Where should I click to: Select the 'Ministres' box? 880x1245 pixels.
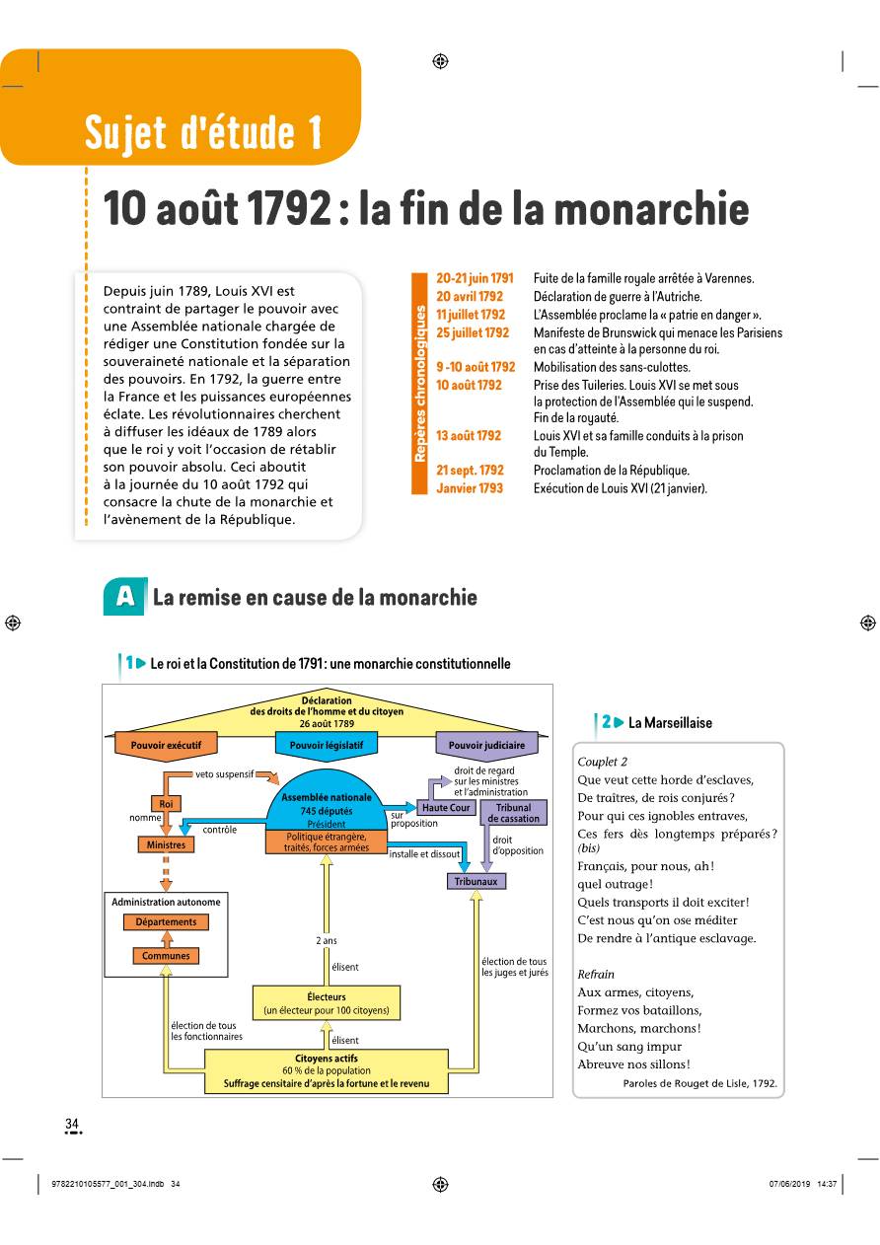[x=165, y=844]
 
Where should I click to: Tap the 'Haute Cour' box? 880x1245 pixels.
[x=446, y=807]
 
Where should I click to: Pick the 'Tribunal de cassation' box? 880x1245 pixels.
[x=513, y=813]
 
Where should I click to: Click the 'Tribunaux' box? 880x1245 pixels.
[x=477, y=881]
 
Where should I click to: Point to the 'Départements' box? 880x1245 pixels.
[x=166, y=922]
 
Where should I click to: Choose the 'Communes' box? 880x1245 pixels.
[x=166, y=956]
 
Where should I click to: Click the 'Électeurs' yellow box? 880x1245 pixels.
[x=327, y=1003]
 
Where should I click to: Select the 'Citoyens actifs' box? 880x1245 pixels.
[x=327, y=1071]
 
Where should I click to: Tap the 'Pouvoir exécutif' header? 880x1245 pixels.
[x=166, y=746]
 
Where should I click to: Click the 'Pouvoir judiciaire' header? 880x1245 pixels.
[x=486, y=746]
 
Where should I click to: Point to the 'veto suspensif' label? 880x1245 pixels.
[x=225, y=773]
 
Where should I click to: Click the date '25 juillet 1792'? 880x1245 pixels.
[x=473, y=332]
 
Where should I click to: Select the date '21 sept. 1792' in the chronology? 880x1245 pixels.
[x=470, y=471]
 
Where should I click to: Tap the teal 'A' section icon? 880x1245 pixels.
[x=123, y=597]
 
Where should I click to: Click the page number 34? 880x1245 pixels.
[x=72, y=1124]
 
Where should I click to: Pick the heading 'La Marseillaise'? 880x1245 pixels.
[x=670, y=722]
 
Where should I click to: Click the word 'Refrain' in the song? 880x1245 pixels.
[x=596, y=974]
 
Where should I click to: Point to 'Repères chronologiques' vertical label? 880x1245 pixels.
[x=420, y=384]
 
